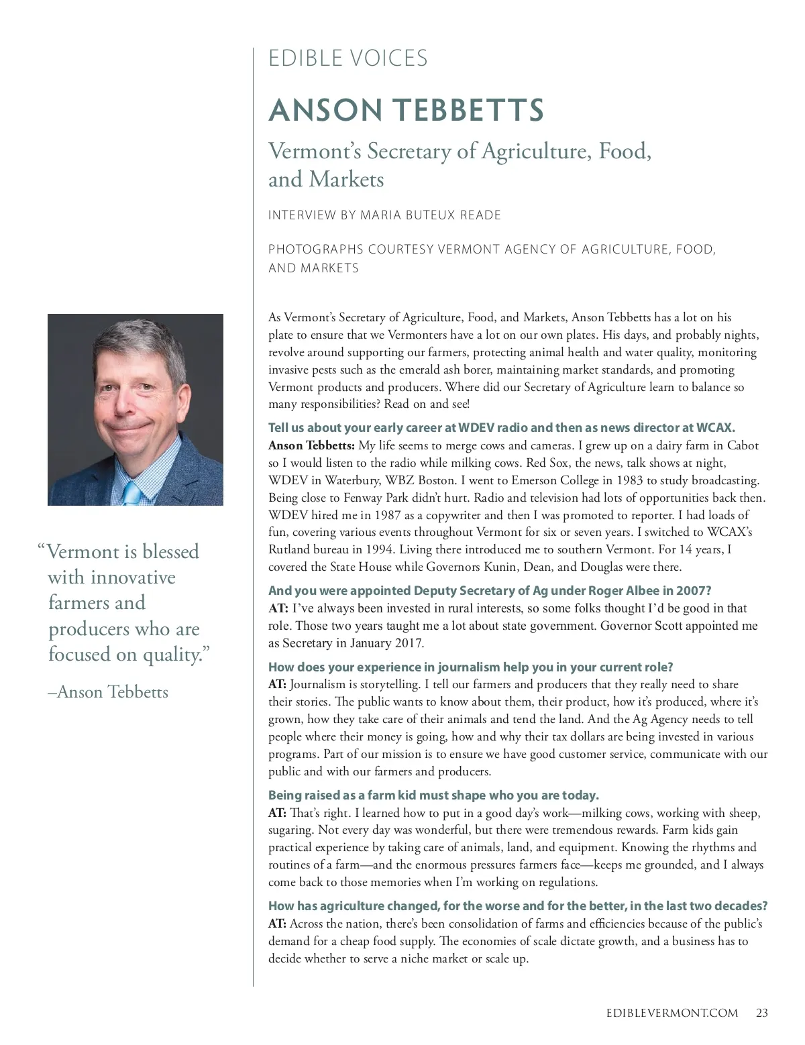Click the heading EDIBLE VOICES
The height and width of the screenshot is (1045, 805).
(347, 58)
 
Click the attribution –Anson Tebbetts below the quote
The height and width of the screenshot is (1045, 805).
(108, 692)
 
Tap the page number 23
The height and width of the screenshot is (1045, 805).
(761, 1013)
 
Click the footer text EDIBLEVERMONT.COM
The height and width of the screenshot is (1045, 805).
(667, 1013)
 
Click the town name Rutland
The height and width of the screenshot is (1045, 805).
(290, 549)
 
